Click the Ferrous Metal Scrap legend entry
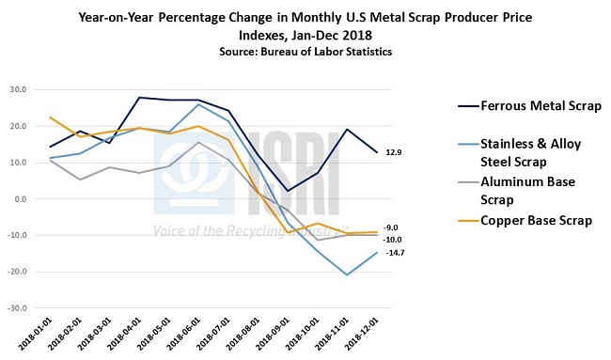point(527,103)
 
